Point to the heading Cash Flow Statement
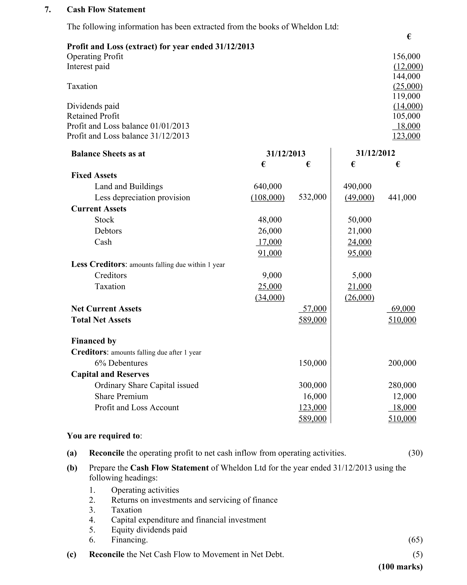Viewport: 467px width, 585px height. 106,10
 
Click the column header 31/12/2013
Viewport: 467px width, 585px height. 286,154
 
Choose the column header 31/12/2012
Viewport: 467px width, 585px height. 375,153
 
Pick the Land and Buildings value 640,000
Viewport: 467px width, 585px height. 267,186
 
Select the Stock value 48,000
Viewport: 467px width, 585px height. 269,220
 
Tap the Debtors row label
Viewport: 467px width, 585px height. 108,231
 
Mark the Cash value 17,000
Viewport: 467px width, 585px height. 269,242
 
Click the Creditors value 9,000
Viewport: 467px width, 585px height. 272,275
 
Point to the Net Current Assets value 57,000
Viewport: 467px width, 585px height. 314,309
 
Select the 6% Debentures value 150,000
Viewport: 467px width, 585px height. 312,363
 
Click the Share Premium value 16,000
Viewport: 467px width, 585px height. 315,396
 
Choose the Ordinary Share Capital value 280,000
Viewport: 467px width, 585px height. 402,385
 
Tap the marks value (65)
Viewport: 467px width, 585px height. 415,540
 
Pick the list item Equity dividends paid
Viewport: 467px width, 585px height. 149,530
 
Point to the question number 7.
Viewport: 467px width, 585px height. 48,10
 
